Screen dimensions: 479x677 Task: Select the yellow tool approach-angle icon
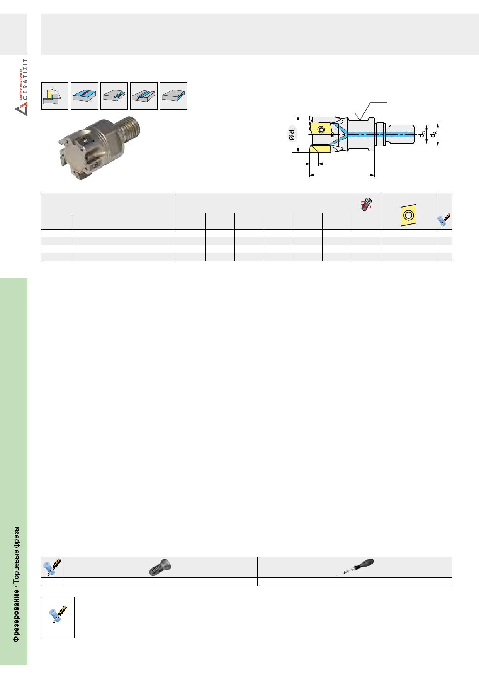(x=55, y=96)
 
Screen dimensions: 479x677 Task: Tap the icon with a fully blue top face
(x=85, y=96)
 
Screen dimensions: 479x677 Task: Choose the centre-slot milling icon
(x=144, y=96)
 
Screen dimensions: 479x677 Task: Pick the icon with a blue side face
(x=173, y=96)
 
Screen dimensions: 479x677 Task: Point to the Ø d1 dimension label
(x=292, y=134)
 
